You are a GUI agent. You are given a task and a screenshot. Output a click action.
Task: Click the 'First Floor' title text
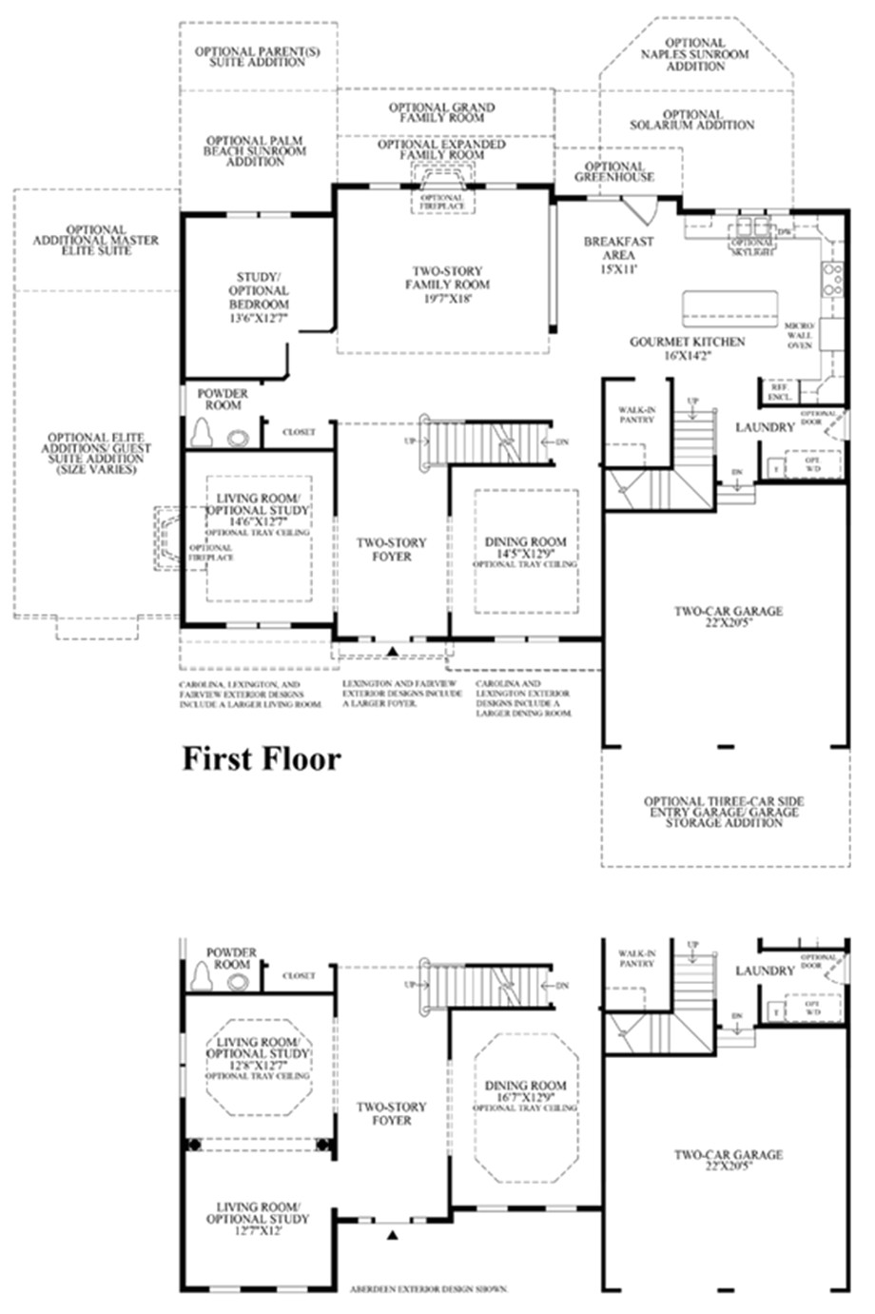(261, 758)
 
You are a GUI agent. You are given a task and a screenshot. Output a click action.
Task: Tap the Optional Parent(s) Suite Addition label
(257, 56)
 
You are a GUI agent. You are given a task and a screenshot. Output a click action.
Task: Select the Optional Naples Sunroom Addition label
(695, 54)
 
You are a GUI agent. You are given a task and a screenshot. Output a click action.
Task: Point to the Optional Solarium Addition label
(692, 120)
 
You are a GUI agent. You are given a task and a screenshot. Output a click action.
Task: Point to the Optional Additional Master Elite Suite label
(96, 240)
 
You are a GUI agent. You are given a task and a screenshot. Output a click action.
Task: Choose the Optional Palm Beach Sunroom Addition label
(256, 150)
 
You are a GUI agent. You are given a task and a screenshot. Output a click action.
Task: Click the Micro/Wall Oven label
(799, 336)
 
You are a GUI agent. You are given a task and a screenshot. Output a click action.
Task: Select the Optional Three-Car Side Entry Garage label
(724, 812)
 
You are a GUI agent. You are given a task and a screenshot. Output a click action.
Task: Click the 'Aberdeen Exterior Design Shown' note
(429, 1288)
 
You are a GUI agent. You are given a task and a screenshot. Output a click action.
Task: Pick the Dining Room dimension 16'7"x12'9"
(525, 1097)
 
